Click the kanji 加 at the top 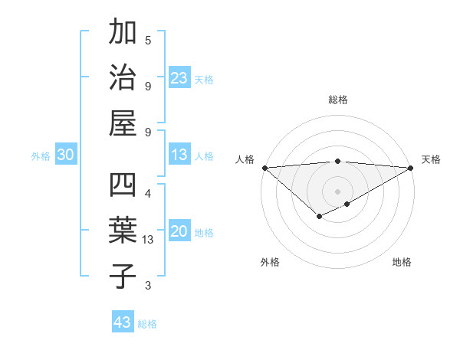[x=123, y=33]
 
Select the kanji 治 [x=123, y=77]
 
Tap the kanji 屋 [x=123, y=123]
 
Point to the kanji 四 [x=123, y=187]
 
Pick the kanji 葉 [x=123, y=231]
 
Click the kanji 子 [x=123, y=277]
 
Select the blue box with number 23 [x=179, y=78]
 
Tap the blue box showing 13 [x=179, y=155]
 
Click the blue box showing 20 [x=179, y=232]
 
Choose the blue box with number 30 [x=66, y=155]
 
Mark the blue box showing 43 [x=123, y=322]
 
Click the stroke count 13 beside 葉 [x=148, y=240]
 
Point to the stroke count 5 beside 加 [x=148, y=41]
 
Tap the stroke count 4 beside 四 [x=148, y=193]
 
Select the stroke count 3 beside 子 [x=148, y=286]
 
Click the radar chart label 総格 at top [x=337, y=100]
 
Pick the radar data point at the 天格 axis [x=412, y=168]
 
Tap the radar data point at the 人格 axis [x=264, y=168]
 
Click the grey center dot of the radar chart [x=337, y=191]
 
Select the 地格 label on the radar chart [x=402, y=262]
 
